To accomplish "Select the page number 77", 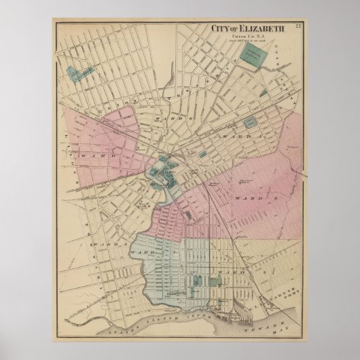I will coord(298,26).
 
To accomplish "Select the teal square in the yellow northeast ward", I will coord(251,124).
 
